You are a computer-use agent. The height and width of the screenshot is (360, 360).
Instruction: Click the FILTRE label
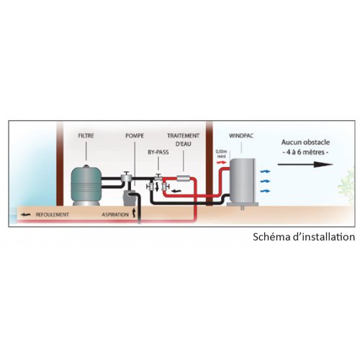coord(86,136)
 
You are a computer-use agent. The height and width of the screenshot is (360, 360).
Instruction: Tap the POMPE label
coord(135,136)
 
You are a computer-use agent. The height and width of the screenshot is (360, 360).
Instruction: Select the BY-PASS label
coord(158,152)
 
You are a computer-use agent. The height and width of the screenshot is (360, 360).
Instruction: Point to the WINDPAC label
coord(241,136)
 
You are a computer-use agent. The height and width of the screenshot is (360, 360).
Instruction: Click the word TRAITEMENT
coord(184,136)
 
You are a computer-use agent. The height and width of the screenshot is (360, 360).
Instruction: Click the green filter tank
coord(86,185)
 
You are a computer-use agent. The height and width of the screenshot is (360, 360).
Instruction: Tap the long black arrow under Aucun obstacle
coord(305,164)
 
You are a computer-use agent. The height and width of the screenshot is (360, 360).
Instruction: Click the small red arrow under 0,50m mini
coord(222,163)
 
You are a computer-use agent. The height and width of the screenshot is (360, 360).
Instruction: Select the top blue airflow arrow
coord(266,171)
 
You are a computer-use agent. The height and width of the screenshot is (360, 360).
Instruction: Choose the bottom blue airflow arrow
coord(266,191)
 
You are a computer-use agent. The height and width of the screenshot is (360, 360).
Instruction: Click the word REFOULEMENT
coord(53,215)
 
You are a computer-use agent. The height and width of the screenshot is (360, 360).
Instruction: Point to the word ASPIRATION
coord(115,215)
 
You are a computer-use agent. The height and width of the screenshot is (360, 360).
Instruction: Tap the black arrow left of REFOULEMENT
coord(26,215)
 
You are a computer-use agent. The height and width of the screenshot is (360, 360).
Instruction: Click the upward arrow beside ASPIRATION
coord(134,213)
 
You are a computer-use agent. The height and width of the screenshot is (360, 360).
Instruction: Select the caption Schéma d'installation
coord(304,237)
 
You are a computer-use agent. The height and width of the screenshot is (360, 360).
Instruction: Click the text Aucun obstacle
coord(305,143)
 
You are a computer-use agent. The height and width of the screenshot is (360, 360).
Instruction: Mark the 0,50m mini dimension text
coord(222,154)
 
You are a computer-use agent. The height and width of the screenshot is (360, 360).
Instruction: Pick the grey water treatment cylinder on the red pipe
coord(184,178)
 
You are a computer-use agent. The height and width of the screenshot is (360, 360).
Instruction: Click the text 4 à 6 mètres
coord(305,152)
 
